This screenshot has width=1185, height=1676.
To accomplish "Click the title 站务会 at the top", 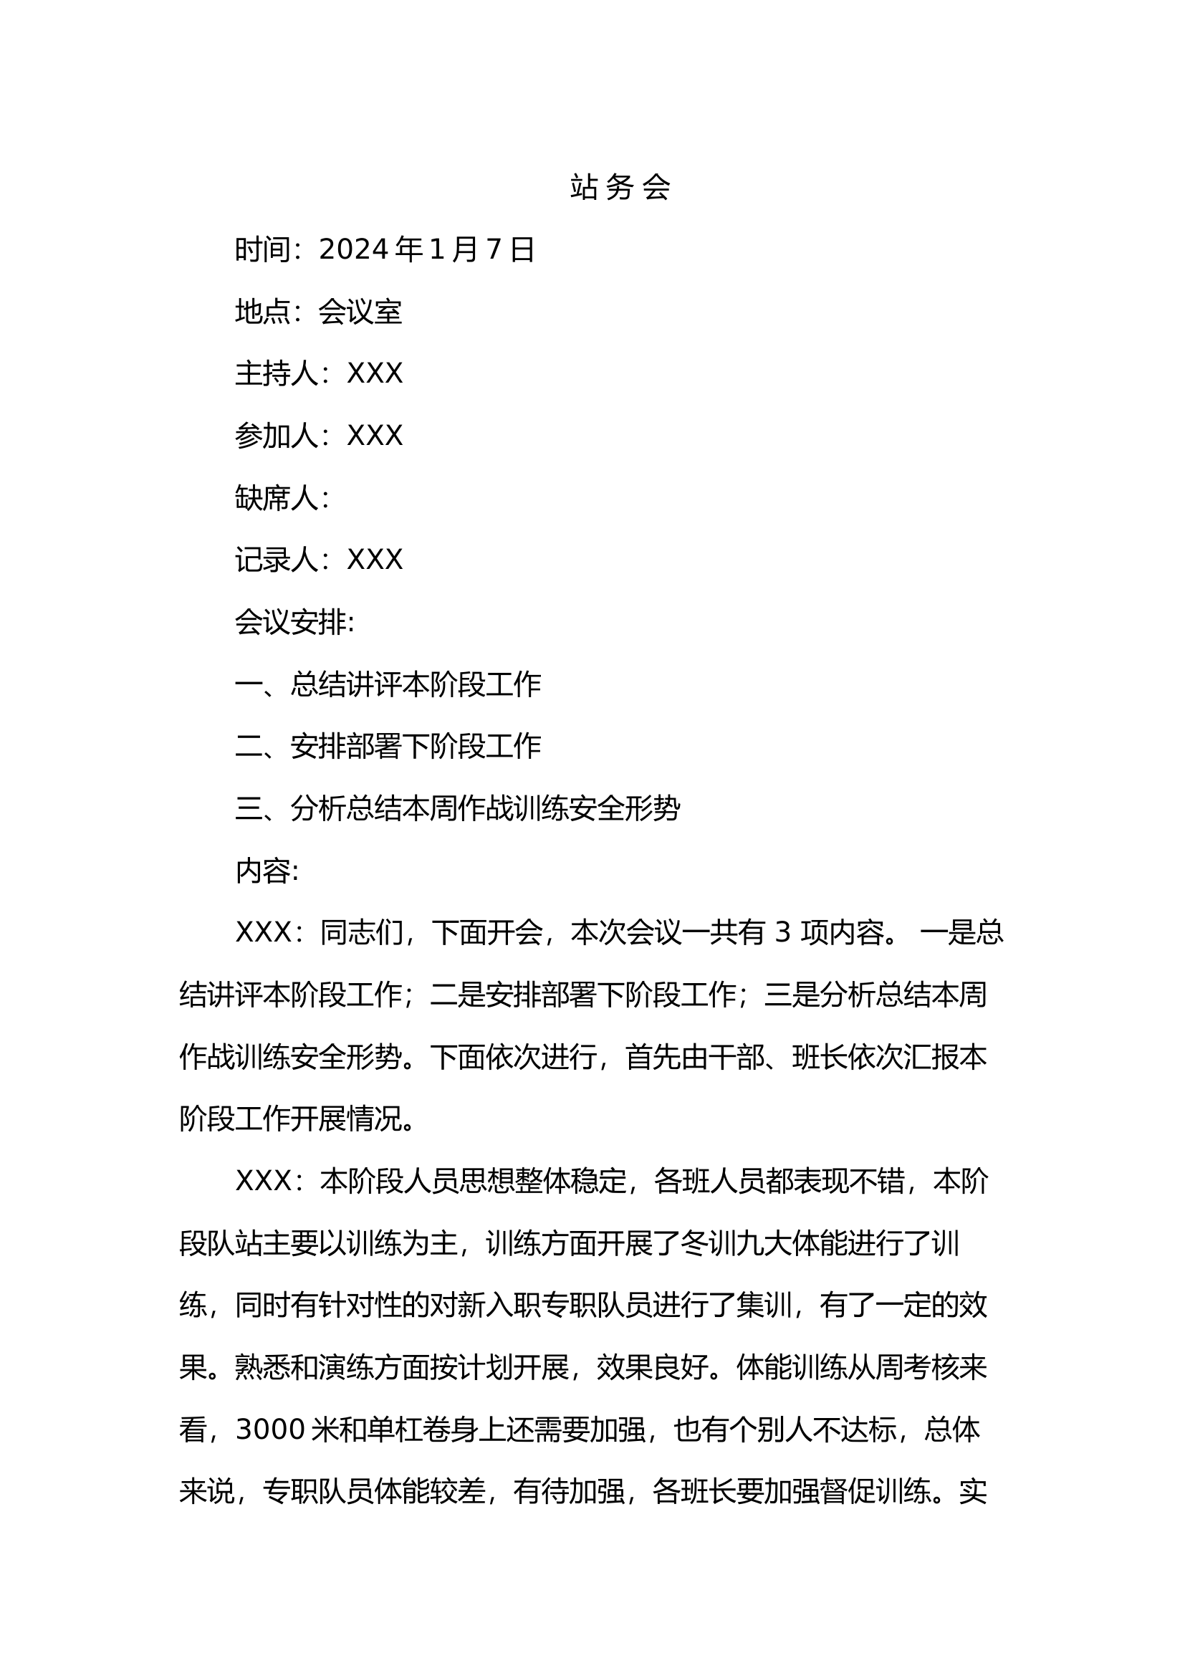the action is [620, 188].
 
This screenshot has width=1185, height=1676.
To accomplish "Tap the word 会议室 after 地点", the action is [360, 312].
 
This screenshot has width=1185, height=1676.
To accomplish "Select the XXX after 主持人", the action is [374, 374].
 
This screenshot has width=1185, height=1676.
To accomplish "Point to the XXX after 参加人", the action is [374, 436].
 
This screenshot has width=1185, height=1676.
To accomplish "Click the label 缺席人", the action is [277, 498].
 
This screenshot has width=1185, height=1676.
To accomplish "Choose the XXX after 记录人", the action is [374, 560].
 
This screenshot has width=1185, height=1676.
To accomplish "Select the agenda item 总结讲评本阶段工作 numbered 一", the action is [416, 685].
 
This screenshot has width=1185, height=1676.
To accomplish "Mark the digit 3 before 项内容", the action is [782, 933].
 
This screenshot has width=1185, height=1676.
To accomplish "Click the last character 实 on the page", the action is [973, 1492].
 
